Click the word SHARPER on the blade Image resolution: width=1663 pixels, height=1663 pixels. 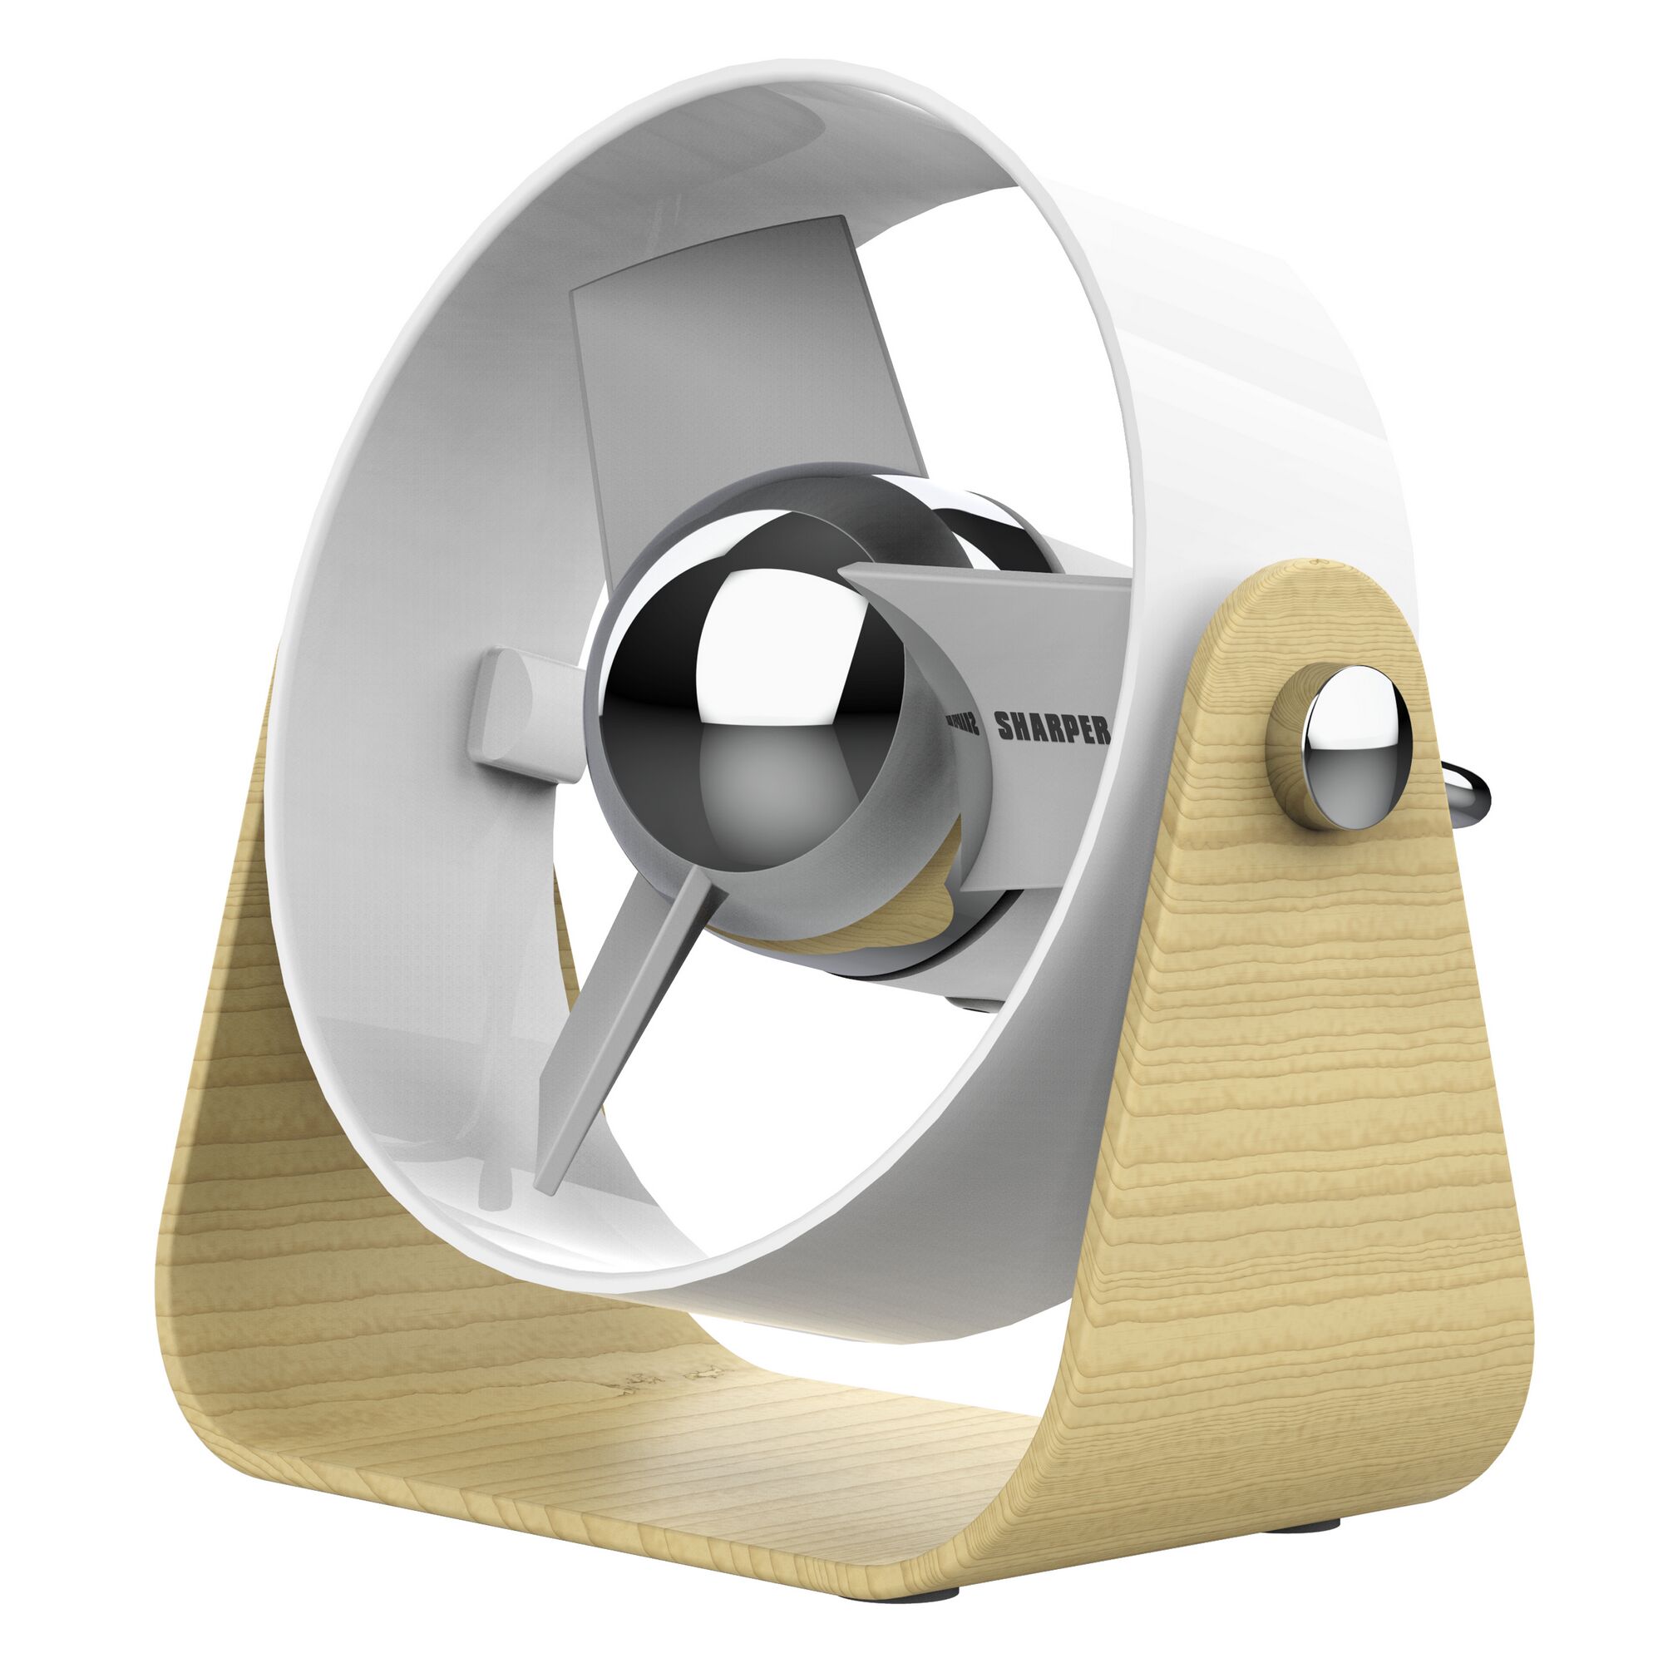click(x=1052, y=728)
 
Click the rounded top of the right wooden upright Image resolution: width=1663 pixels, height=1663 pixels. click(x=1317, y=585)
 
